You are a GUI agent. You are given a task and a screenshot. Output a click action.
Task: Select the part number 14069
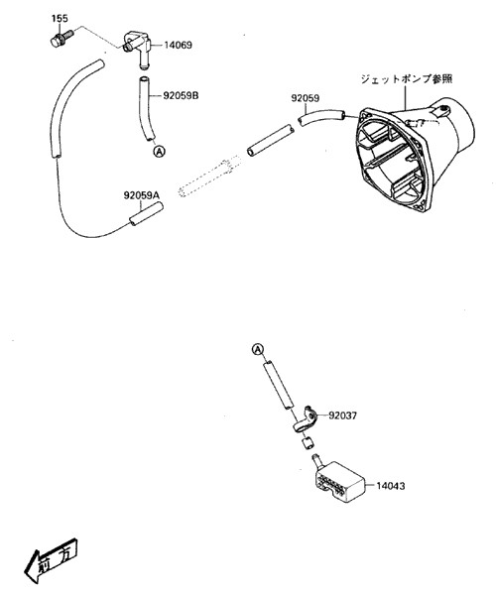179,45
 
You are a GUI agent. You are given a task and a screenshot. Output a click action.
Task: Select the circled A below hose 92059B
158,151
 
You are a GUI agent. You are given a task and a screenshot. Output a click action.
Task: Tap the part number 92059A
141,196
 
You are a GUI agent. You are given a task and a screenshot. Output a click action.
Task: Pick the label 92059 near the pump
305,99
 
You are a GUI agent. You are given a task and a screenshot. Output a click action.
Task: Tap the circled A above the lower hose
257,349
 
